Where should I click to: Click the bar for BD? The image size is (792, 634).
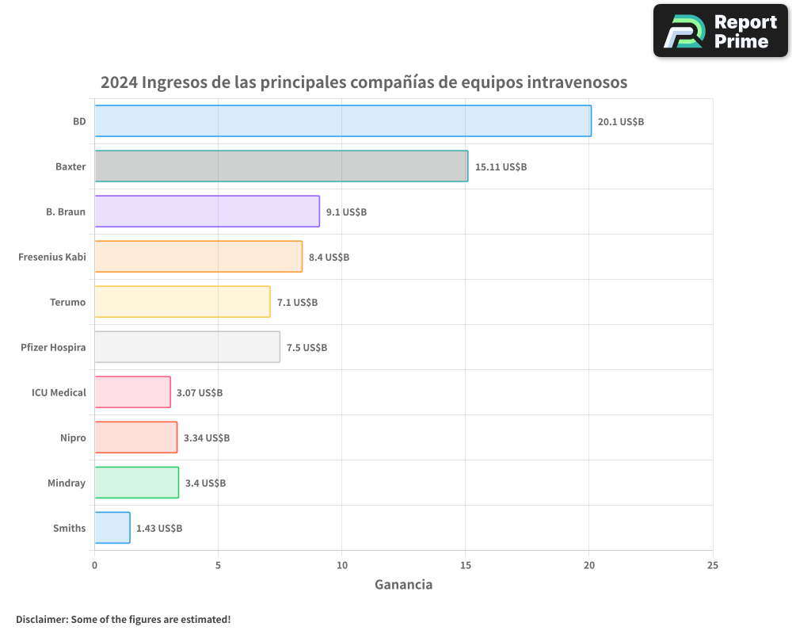343,121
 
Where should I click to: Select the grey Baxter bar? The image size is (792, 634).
281,166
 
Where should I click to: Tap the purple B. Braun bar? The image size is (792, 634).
207,212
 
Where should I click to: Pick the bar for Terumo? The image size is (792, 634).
182,302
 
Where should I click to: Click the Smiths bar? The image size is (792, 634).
112,528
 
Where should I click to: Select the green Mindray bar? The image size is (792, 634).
136,483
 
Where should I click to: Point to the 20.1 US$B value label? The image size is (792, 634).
620,122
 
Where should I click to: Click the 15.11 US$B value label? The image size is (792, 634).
501,167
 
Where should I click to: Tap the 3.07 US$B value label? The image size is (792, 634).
199,393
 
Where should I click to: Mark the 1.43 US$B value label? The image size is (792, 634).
158,529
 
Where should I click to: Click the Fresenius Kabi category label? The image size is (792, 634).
51,257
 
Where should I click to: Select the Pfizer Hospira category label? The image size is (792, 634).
53,347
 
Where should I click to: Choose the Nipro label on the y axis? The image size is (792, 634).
73,437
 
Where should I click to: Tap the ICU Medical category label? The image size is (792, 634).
59,392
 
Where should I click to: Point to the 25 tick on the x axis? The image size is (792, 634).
713,565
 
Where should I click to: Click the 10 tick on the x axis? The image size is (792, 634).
341,565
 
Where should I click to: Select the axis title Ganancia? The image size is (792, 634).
403,585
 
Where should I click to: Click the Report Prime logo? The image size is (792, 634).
721,31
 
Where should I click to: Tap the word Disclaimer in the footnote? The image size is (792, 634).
40,619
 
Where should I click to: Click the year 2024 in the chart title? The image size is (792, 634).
119,82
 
